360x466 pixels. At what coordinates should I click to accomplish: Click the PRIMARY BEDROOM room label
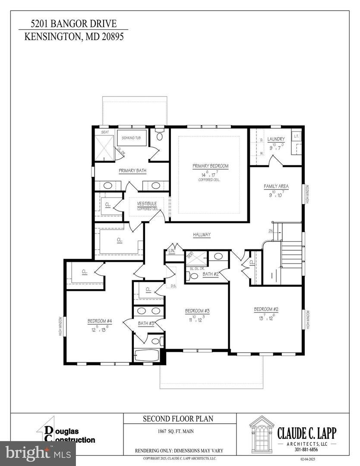click(x=210, y=166)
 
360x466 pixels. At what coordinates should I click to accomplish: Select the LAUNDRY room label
click(x=276, y=139)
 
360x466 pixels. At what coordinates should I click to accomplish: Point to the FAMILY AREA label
click(x=276, y=186)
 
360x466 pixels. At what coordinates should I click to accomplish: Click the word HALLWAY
click(x=202, y=235)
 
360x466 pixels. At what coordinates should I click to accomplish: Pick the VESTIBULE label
click(x=147, y=203)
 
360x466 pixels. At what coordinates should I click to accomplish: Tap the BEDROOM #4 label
click(x=100, y=321)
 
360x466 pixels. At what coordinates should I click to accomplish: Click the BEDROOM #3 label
click(x=197, y=311)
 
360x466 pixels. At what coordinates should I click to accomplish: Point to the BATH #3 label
click(x=143, y=323)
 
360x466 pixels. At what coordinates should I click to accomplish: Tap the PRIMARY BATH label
click(x=133, y=170)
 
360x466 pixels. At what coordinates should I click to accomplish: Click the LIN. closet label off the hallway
click(x=171, y=251)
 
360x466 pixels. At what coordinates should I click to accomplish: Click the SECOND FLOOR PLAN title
click(x=180, y=419)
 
